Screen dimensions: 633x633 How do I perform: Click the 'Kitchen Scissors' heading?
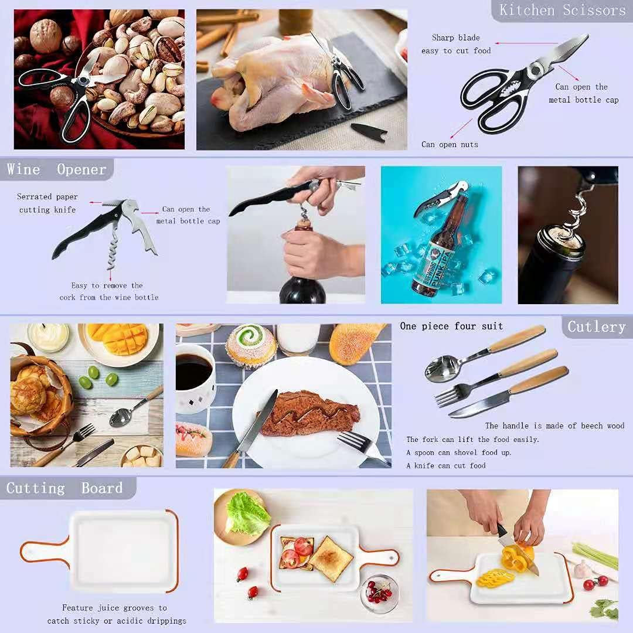(562, 11)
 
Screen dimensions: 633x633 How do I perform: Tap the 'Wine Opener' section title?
(56, 170)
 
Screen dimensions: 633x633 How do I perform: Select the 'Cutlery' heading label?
(596, 326)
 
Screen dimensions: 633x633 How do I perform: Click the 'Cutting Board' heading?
(64, 488)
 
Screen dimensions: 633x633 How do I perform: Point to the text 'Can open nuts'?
(450, 144)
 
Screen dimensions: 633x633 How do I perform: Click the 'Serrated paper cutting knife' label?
(47, 203)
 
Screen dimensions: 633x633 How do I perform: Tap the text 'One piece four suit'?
(451, 326)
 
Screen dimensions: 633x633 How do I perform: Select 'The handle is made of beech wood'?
(554, 426)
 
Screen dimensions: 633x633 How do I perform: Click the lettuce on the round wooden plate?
(247, 513)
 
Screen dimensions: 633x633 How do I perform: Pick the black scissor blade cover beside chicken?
(368, 131)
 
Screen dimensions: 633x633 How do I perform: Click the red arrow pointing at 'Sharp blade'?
(526, 43)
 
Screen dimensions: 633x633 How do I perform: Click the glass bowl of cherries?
(379, 593)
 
